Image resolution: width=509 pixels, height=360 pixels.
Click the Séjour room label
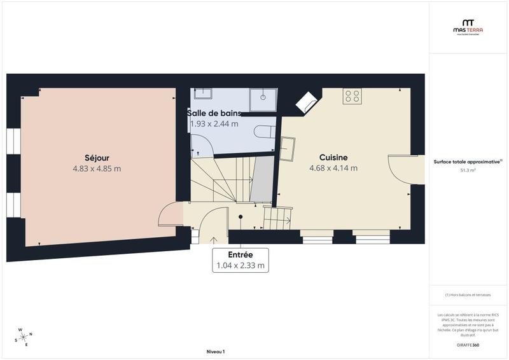(x=97, y=158)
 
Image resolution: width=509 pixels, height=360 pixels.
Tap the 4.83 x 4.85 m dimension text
(x=97, y=169)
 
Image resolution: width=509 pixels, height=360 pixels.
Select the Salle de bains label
(x=214, y=113)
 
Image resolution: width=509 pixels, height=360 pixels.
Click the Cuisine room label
(x=333, y=157)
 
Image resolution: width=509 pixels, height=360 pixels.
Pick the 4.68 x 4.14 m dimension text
(x=333, y=168)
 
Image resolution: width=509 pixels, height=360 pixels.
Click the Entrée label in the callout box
(x=240, y=255)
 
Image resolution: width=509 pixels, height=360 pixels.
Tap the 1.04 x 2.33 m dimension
(x=240, y=266)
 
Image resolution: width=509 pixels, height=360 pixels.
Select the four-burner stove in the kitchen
(x=352, y=97)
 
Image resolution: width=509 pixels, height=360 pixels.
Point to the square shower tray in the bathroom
(x=263, y=97)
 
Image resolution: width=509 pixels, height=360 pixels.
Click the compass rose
(x=24, y=336)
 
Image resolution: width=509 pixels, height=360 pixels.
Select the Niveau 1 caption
(x=216, y=351)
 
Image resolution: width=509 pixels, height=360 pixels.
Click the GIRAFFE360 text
(x=468, y=344)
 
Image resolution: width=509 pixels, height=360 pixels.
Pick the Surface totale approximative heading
(x=468, y=162)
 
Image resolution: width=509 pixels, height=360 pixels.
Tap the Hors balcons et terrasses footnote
(x=468, y=295)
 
